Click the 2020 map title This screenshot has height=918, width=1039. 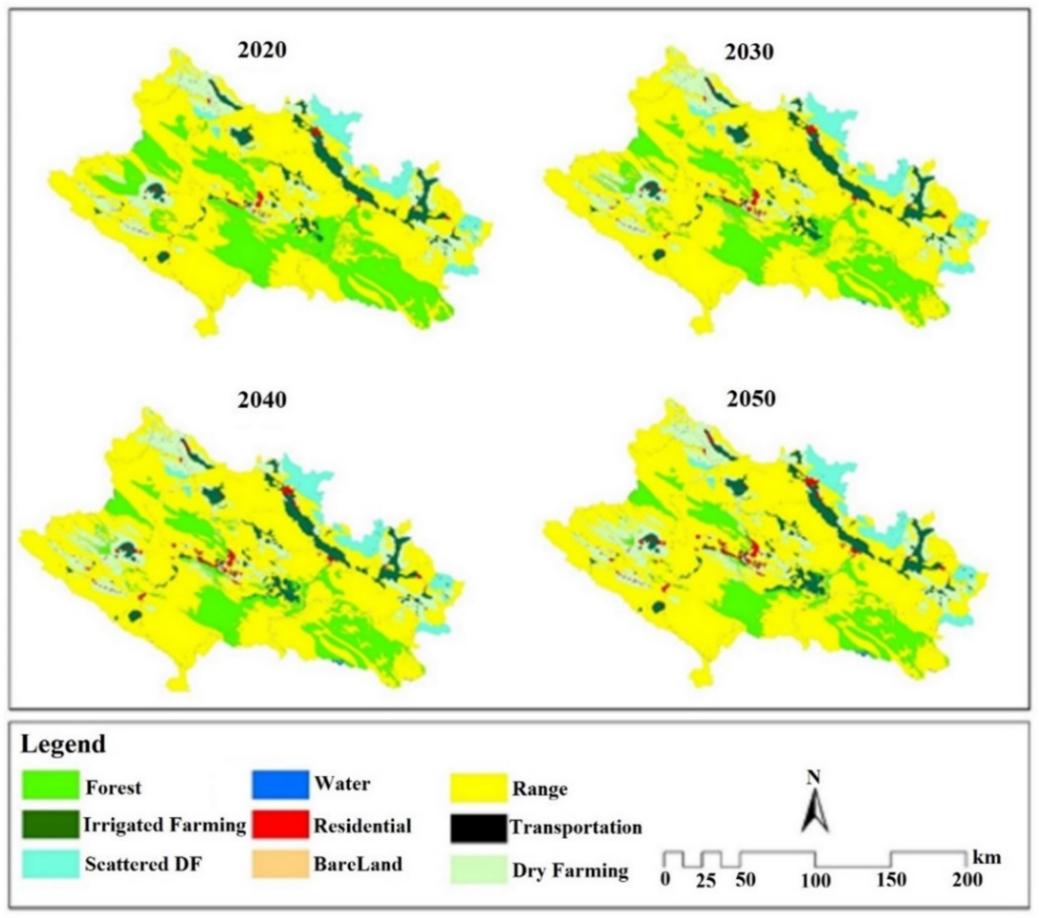coord(262,50)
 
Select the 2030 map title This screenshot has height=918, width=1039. coord(749,52)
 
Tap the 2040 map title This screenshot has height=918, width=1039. coord(262,399)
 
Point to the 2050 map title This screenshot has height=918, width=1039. coord(751,398)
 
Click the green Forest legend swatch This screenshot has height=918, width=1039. coord(51,785)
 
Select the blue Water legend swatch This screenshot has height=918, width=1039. coord(280,784)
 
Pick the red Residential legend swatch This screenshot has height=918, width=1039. coord(280,825)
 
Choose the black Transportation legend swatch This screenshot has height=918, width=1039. coord(478,828)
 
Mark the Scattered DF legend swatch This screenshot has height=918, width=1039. coord(51,864)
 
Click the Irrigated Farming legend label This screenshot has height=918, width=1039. coord(164,825)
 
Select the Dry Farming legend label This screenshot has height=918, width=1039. coord(570,871)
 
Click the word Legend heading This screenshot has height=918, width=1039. coord(63,744)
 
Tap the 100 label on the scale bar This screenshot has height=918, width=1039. coord(815,880)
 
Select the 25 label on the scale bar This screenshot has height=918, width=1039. coord(705,881)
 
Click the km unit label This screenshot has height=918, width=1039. coord(987,858)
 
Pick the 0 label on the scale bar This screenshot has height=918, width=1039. coord(665,879)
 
